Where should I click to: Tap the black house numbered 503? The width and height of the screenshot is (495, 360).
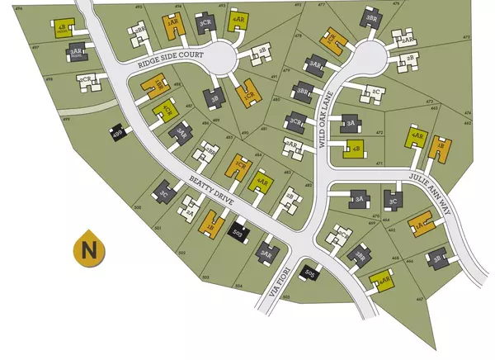click(238, 234)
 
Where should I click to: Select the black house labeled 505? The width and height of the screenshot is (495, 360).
click(310, 272)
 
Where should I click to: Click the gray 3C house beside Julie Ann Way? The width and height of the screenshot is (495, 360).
click(393, 199)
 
